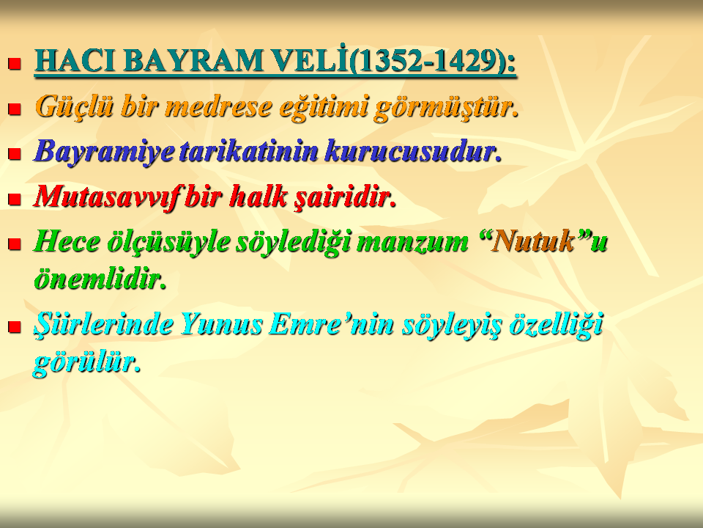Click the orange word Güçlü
[74, 107]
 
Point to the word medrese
[219, 107]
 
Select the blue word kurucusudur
[413, 151]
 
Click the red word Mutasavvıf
[108, 197]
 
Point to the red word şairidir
[345, 197]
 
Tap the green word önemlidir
[100, 279]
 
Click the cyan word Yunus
[221, 324]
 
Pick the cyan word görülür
[87, 363]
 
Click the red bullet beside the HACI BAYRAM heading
[15, 63]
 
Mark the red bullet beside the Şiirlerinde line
[15, 326]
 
